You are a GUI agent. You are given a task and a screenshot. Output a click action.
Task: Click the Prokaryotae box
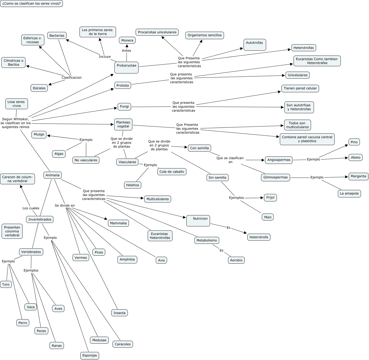(x=126, y=67)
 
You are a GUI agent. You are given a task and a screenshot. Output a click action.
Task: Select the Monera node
(x=127, y=40)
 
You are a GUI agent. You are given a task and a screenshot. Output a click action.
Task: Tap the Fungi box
(x=124, y=106)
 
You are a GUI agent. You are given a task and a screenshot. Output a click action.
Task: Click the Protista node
(x=123, y=85)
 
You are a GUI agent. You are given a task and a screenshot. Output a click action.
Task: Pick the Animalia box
(x=53, y=175)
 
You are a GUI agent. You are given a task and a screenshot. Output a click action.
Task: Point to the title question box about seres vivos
(x=31, y=3)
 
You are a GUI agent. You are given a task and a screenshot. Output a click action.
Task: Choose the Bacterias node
(x=57, y=35)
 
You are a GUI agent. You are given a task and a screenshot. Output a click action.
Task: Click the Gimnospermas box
(x=276, y=177)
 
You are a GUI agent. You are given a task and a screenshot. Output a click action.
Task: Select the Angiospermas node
(x=279, y=160)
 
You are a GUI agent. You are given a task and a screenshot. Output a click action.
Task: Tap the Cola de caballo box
(x=172, y=172)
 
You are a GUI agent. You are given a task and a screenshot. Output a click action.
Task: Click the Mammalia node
(x=118, y=223)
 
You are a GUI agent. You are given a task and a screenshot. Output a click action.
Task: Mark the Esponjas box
(x=90, y=355)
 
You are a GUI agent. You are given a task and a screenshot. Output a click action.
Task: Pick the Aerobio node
(x=236, y=260)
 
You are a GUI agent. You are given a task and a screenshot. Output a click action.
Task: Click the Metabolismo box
(x=207, y=240)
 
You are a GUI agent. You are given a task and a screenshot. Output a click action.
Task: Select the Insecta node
(x=120, y=313)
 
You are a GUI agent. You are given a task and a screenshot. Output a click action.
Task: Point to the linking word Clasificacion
(x=71, y=78)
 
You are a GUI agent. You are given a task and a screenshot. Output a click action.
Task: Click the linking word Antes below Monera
(x=126, y=50)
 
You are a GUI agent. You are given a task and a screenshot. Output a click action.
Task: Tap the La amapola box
(x=349, y=193)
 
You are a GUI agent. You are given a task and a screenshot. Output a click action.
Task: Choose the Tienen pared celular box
(x=300, y=88)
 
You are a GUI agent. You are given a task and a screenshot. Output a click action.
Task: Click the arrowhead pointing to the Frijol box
(x=262, y=198)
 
